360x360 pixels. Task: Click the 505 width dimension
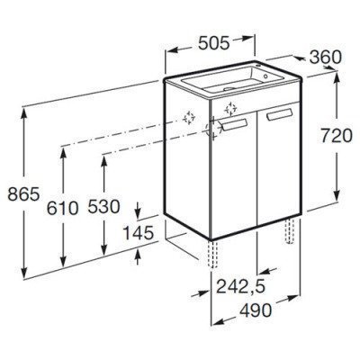click(214, 43)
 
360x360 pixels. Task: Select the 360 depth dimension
click(326, 58)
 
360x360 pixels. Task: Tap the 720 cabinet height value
click(337, 136)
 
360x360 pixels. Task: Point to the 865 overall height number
click(23, 193)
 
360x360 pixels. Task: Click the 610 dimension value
click(63, 208)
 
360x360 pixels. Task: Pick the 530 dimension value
click(103, 206)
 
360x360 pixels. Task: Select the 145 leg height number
click(139, 233)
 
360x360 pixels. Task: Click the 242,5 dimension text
click(241, 286)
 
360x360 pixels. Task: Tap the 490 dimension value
click(256, 310)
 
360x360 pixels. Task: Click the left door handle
click(234, 124)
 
